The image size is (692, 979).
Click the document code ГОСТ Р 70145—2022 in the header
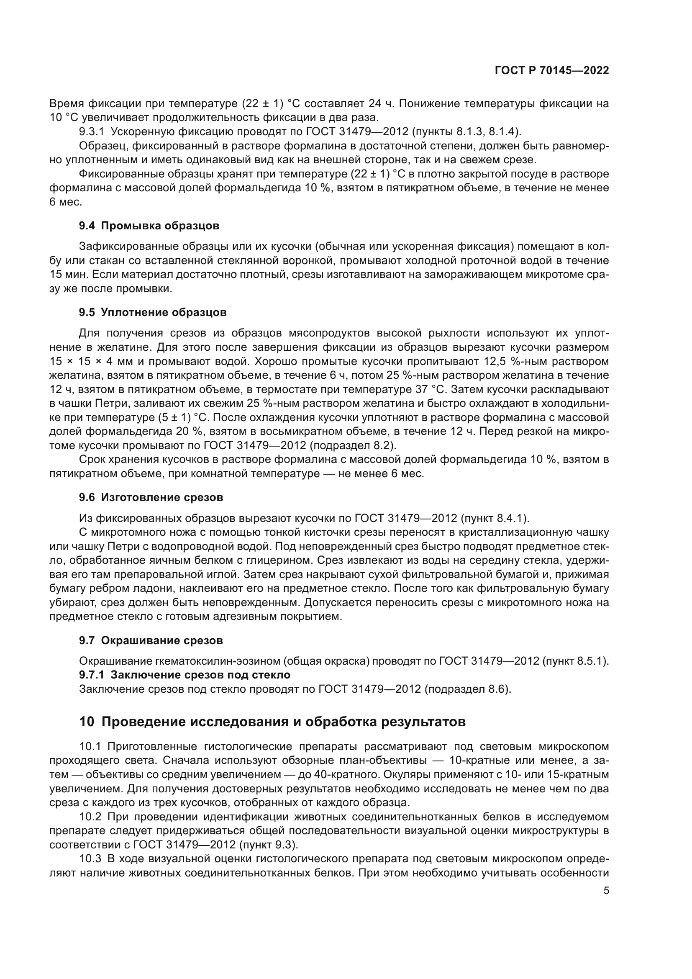[x=552, y=71]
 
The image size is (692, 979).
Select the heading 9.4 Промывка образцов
[x=149, y=226]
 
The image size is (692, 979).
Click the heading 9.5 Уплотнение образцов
[x=153, y=312]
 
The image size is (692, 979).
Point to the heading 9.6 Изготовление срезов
[x=151, y=497]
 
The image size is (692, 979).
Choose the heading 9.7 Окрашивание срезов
[x=151, y=640]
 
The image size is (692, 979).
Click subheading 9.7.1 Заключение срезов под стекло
[x=185, y=675]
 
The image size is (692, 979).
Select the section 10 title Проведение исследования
[x=272, y=722]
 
